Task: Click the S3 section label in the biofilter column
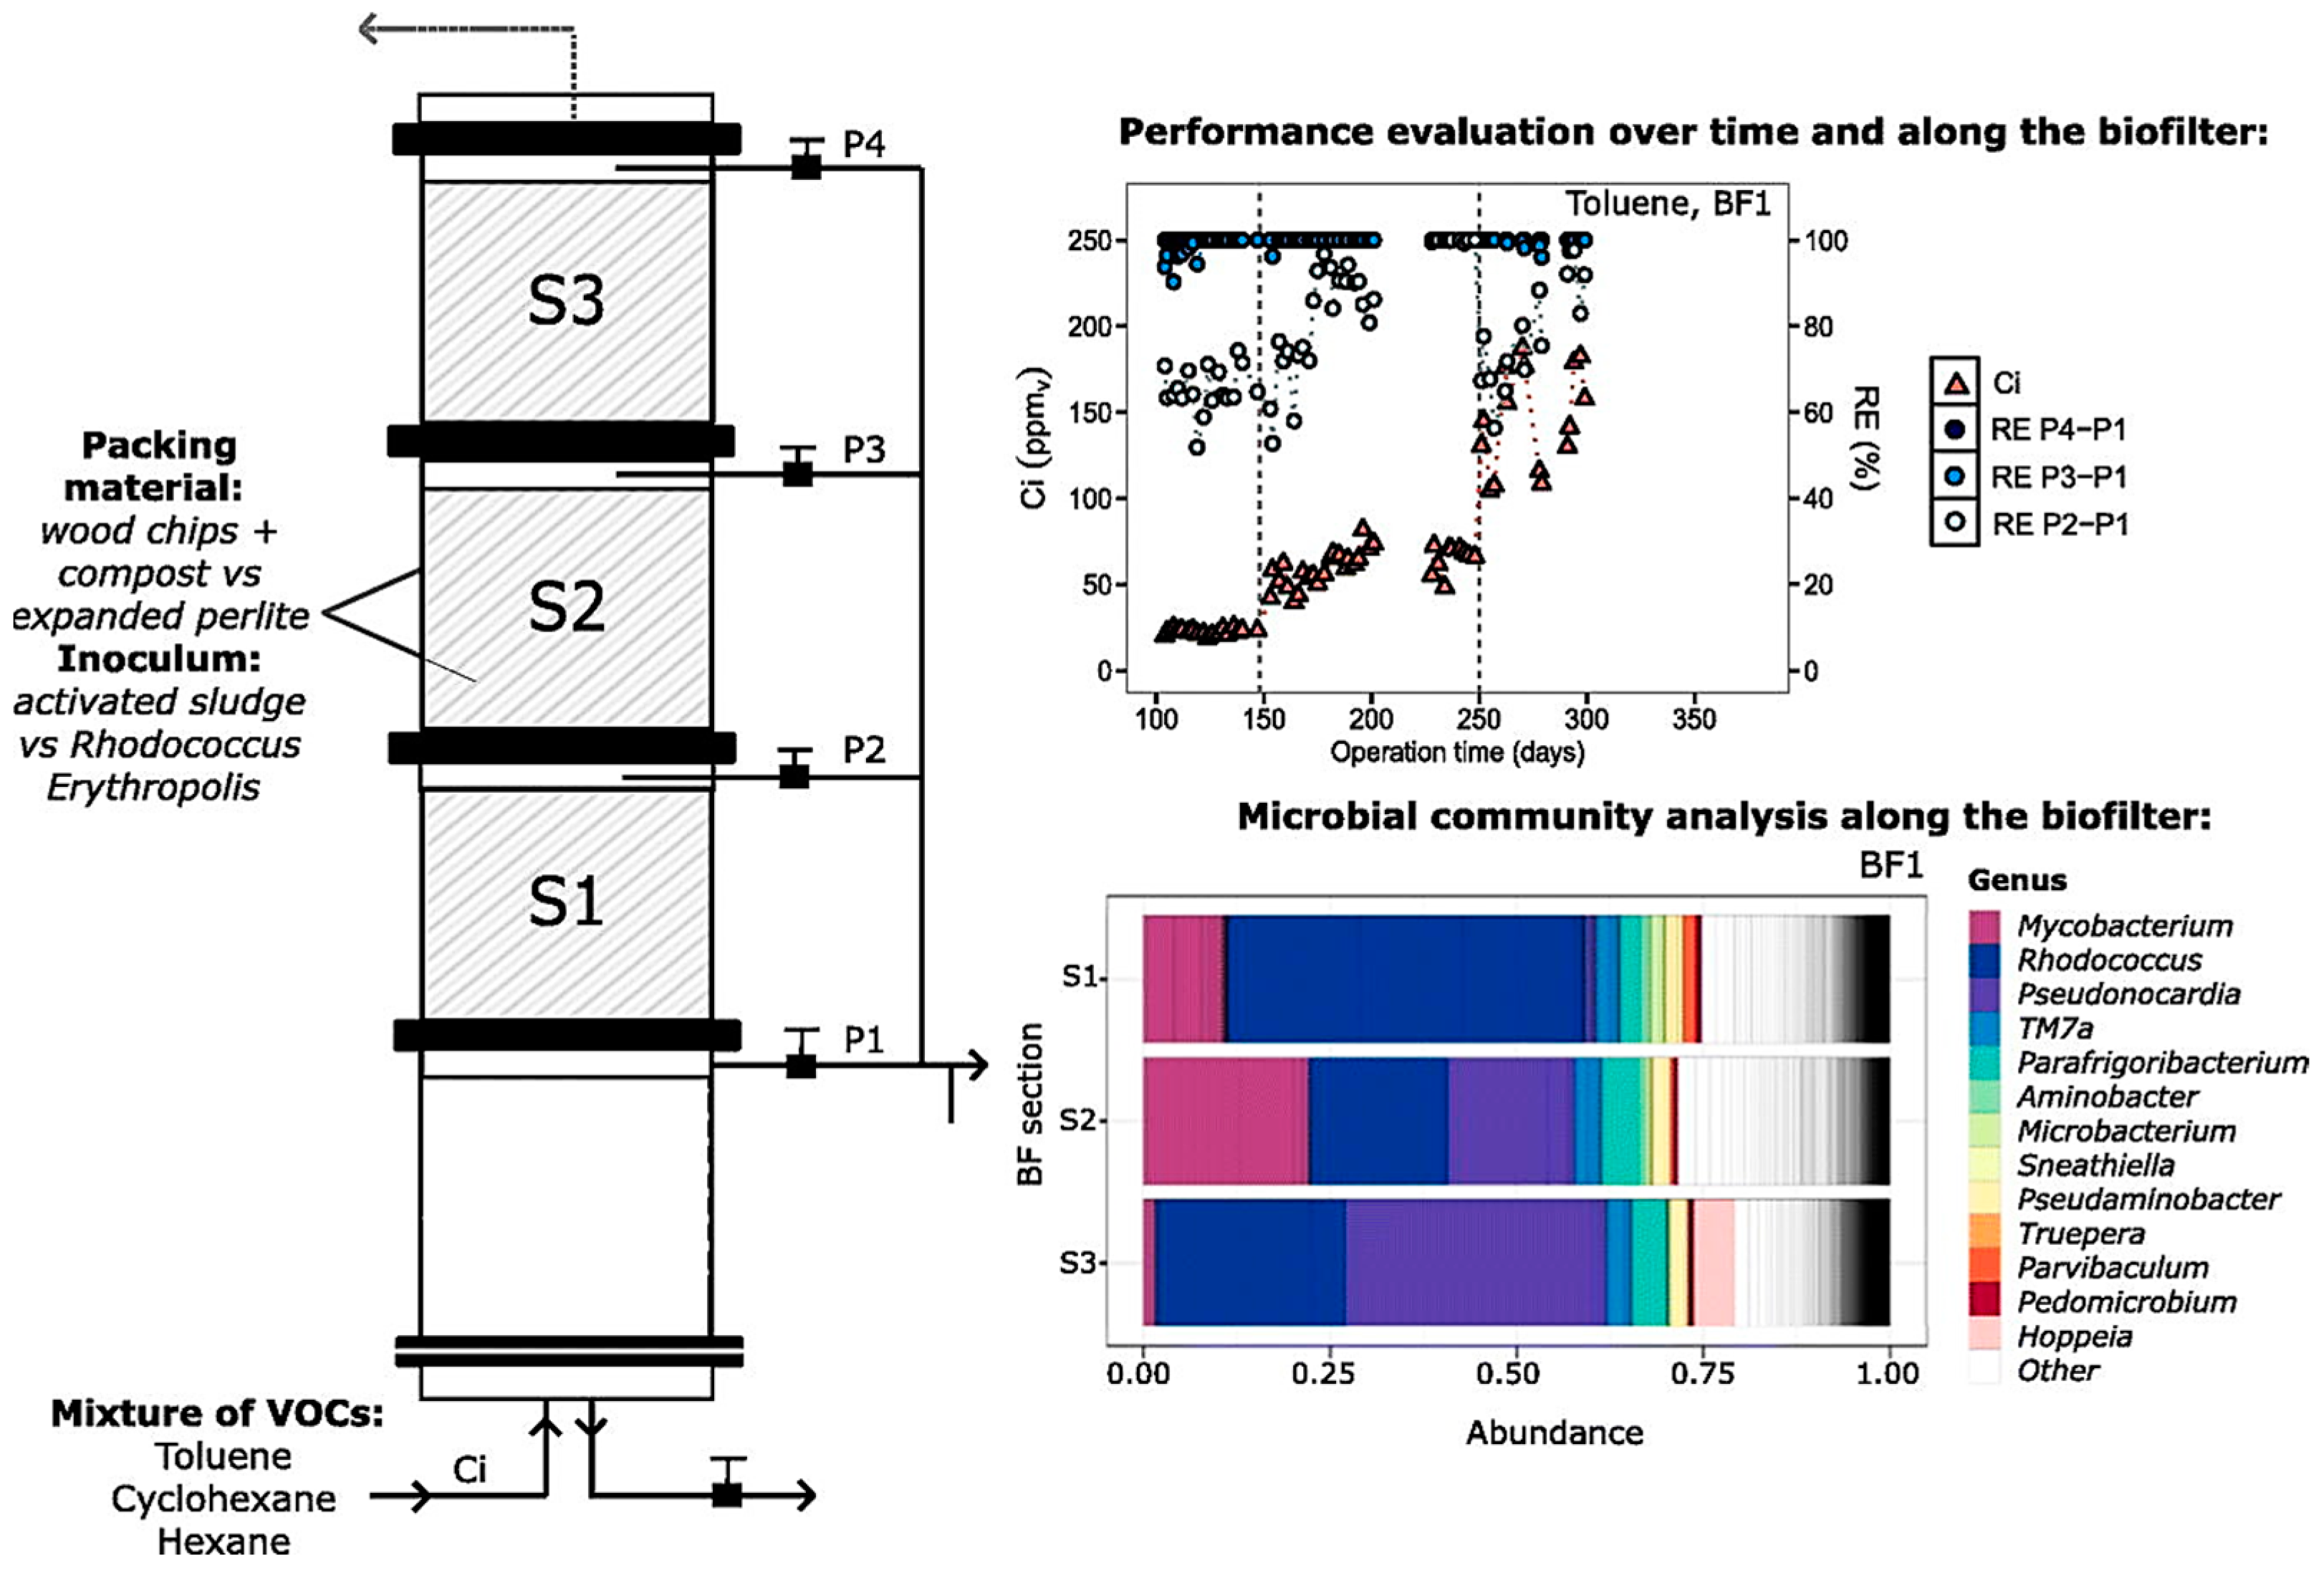[x=565, y=301]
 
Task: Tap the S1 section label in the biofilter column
[x=565, y=902]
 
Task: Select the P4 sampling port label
[x=863, y=145]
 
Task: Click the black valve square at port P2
[x=794, y=775]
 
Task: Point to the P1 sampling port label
[x=863, y=1041]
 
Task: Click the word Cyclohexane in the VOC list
[x=224, y=1499]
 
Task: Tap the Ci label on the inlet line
[x=469, y=1469]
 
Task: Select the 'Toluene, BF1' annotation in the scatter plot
[x=1667, y=204]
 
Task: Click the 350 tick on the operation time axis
[x=1693, y=720]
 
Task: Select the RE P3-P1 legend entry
[x=2058, y=477]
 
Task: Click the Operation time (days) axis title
[x=1457, y=753]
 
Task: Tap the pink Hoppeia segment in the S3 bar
[x=1714, y=1263]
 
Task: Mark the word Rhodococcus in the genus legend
[x=2109, y=961]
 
